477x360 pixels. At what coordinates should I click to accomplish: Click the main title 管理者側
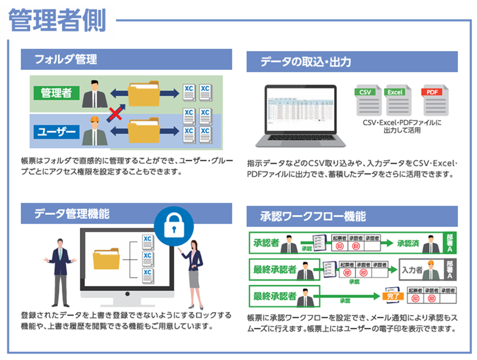[x=58, y=20]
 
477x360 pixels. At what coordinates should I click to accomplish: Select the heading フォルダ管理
[x=65, y=59]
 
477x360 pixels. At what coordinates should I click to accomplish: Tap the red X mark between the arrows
[x=115, y=112]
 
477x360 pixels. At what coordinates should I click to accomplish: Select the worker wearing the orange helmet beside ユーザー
[x=94, y=130]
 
